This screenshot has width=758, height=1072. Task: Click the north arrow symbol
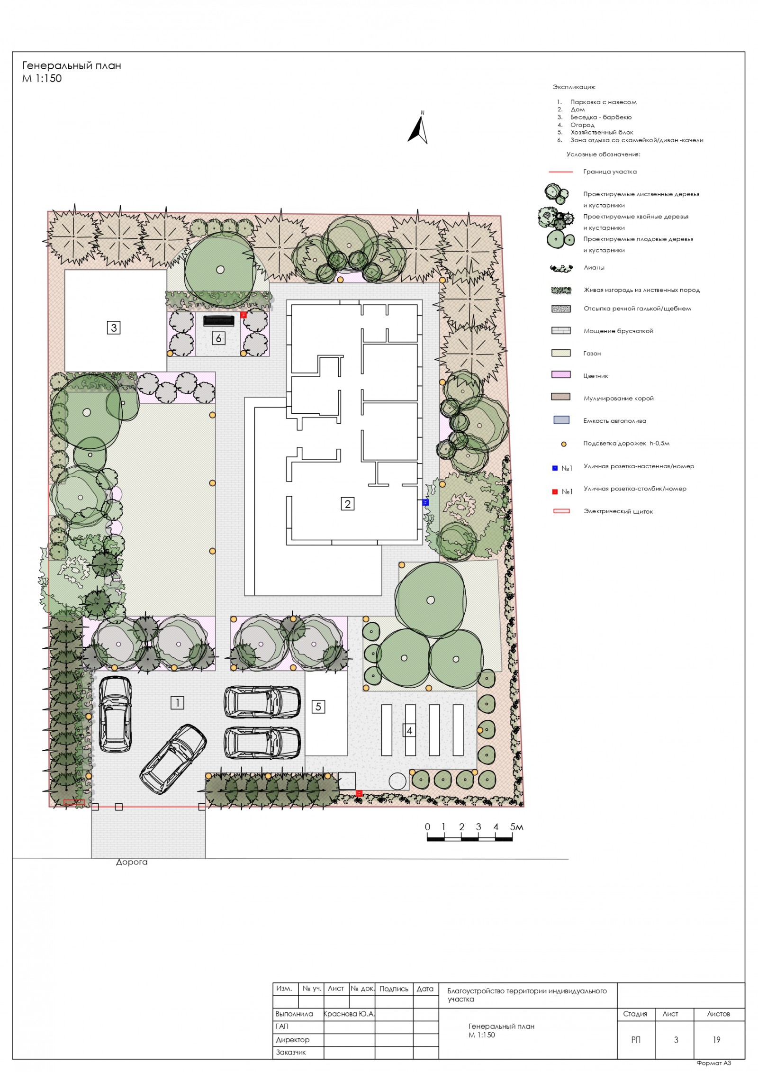(418, 128)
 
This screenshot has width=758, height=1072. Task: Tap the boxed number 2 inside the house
(348, 504)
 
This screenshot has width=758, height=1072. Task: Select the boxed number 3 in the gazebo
(114, 327)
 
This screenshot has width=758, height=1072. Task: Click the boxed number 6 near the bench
(218, 338)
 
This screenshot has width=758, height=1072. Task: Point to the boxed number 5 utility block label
(318, 707)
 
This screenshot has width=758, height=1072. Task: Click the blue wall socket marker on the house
(425, 502)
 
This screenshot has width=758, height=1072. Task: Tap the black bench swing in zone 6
(219, 321)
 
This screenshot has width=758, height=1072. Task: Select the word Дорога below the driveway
(132, 862)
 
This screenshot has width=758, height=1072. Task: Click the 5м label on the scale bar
(517, 827)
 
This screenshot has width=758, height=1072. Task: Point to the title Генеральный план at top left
(72, 65)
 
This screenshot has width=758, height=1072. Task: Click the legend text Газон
(592, 354)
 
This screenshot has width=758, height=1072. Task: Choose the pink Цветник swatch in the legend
(561, 374)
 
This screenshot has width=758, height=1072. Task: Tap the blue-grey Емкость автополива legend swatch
(561, 420)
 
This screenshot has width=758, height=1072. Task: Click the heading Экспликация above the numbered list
(574, 87)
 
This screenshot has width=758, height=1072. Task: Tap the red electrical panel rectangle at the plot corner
(74, 802)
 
